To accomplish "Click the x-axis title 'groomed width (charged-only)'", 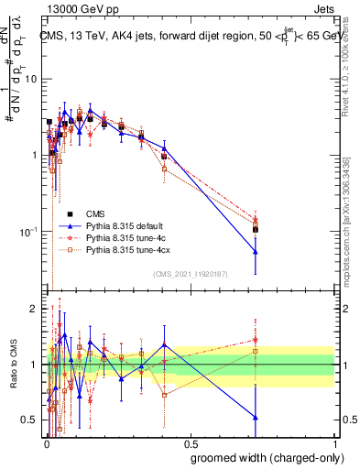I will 263,456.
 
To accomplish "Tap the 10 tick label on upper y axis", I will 31,79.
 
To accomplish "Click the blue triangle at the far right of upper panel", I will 256,252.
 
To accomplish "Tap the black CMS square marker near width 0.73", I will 256,230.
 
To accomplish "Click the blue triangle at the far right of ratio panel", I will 256,418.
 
